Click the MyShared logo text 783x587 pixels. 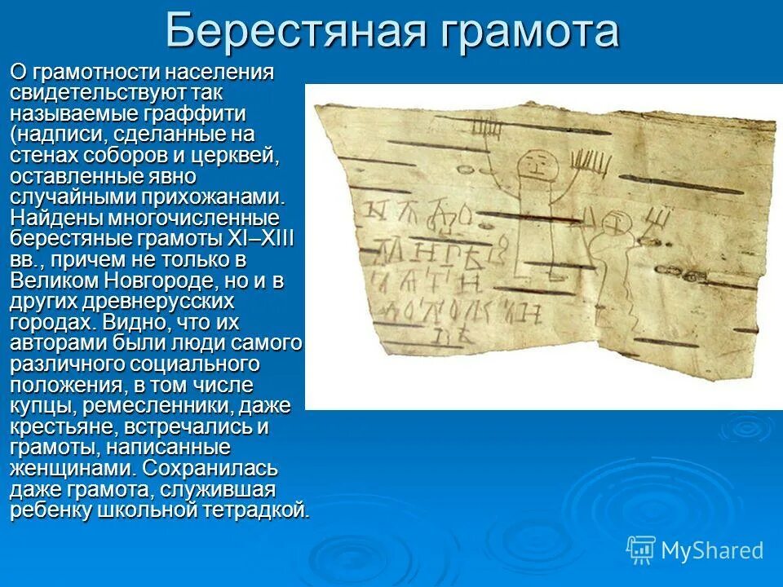point(712,550)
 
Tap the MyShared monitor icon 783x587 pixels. point(641,549)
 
